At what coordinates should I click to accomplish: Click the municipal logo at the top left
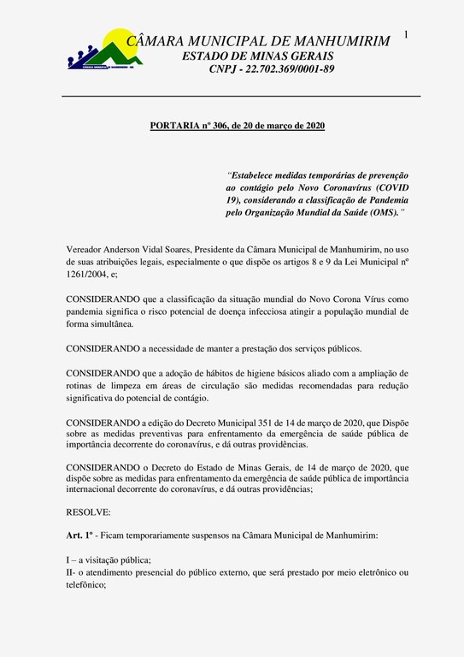100,50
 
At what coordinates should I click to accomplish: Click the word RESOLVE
88,511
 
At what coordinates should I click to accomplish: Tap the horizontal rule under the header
242,96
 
